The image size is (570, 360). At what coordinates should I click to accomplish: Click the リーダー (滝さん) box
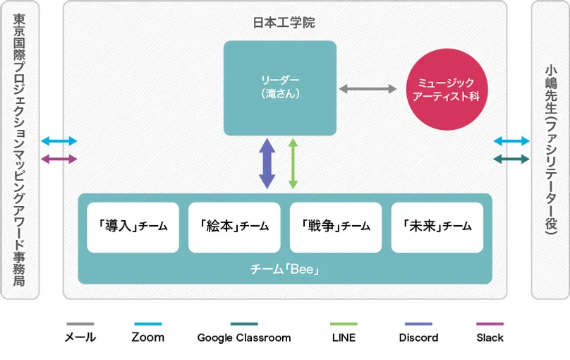[x=279, y=88]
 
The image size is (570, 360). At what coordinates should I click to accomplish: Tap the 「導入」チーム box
[x=133, y=227]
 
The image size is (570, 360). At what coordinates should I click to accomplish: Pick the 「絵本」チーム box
[x=234, y=227]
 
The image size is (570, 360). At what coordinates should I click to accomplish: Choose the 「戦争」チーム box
[x=336, y=227]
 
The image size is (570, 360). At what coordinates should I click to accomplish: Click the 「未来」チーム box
[x=437, y=227]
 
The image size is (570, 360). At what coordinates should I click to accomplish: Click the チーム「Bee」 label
[x=284, y=270]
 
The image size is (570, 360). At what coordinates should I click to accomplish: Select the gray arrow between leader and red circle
[x=368, y=90]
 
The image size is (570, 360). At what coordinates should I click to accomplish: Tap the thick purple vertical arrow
[x=267, y=163]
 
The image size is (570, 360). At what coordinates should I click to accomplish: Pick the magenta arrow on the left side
[x=59, y=159]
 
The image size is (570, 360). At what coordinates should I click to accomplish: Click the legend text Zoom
[x=147, y=337]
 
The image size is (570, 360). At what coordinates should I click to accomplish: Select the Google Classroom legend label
[x=243, y=337]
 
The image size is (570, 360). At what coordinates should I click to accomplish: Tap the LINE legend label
[x=344, y=337]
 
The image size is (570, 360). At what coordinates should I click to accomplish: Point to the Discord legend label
[x=418, y=337]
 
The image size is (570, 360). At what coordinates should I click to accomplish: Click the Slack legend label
[x=490, y=337]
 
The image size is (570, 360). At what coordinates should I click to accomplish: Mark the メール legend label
[x=79, y=337]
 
